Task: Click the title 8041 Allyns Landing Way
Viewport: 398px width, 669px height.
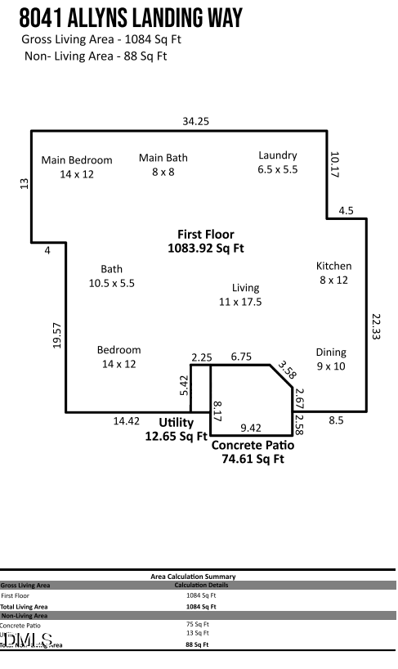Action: tap(131, 17)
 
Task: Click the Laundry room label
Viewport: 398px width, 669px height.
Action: tap(278, 162)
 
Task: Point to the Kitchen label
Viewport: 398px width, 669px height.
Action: tap(333, 272)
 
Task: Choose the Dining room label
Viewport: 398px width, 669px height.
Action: tap(331, 359)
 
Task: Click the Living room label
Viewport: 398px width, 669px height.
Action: tap(244, 294)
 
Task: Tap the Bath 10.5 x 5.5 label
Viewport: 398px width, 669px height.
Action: tap(111, 276)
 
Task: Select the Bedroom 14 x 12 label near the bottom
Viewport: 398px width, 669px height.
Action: tap(119, 357)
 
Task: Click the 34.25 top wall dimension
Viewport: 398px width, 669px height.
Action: tap(196, 121)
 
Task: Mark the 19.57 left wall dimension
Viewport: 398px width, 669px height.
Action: tap(57, 335)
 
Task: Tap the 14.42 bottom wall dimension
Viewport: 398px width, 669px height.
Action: tap(126, 421)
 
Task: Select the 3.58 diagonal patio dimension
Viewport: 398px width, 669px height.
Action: tap(286, 370)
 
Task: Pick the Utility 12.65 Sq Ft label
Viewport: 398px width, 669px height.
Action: tap(176, 429)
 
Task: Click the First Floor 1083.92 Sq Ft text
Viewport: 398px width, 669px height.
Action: tap(205, 240)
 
